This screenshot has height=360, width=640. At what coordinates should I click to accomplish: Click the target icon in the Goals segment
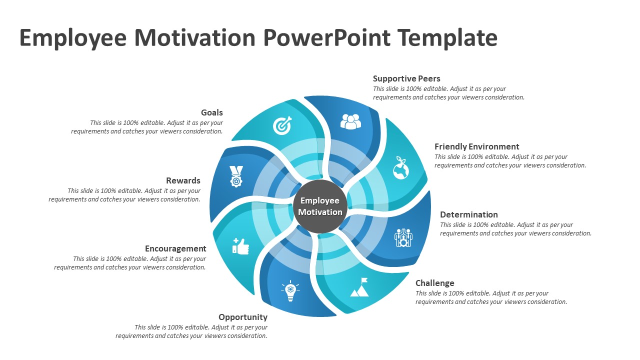[x=282, y=126]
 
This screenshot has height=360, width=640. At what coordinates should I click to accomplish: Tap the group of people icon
[x=350, y=121]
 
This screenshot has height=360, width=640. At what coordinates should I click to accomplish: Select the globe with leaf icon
[x=400, y=168]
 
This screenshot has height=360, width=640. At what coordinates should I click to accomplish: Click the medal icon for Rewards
[x=236, y=176]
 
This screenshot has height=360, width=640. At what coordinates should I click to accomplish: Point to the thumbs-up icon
[x=240, y=246]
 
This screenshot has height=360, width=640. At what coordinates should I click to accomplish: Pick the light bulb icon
[x=290, y=291]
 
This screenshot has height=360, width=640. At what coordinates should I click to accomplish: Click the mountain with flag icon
[x=360, y=287]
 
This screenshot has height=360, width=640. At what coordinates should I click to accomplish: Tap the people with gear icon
[x=403, y=237]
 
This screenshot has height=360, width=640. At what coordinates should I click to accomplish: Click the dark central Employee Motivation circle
[x=320, y=206]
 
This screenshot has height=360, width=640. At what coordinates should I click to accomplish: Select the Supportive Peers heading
[x=406, y=78]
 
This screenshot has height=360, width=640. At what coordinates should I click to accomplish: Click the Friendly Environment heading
[x=476, y=146]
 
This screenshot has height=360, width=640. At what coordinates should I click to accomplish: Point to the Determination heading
[x=468, y=214]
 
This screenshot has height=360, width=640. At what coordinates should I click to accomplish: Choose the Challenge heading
[x=434, y=283]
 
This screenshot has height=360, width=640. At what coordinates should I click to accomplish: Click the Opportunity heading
[x=243, y=317]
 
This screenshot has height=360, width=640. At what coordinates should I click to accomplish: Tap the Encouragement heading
[x=175, y=248]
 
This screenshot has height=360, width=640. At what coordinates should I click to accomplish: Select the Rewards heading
[x=183, y=180]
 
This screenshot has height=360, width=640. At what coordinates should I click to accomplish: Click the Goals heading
[x=212, y=112]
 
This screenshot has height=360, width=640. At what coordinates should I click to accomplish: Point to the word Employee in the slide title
[x=73, y=38]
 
